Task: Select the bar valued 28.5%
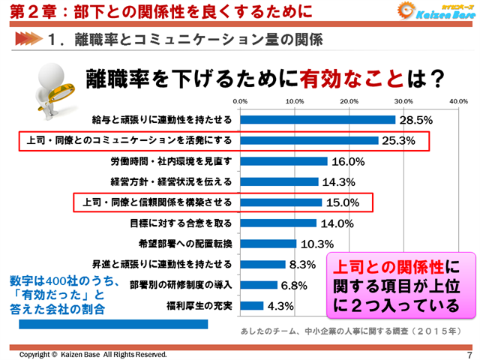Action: tap(318, 119)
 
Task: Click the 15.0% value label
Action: tap(342, 202)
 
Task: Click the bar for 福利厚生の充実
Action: tap(252, 305)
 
